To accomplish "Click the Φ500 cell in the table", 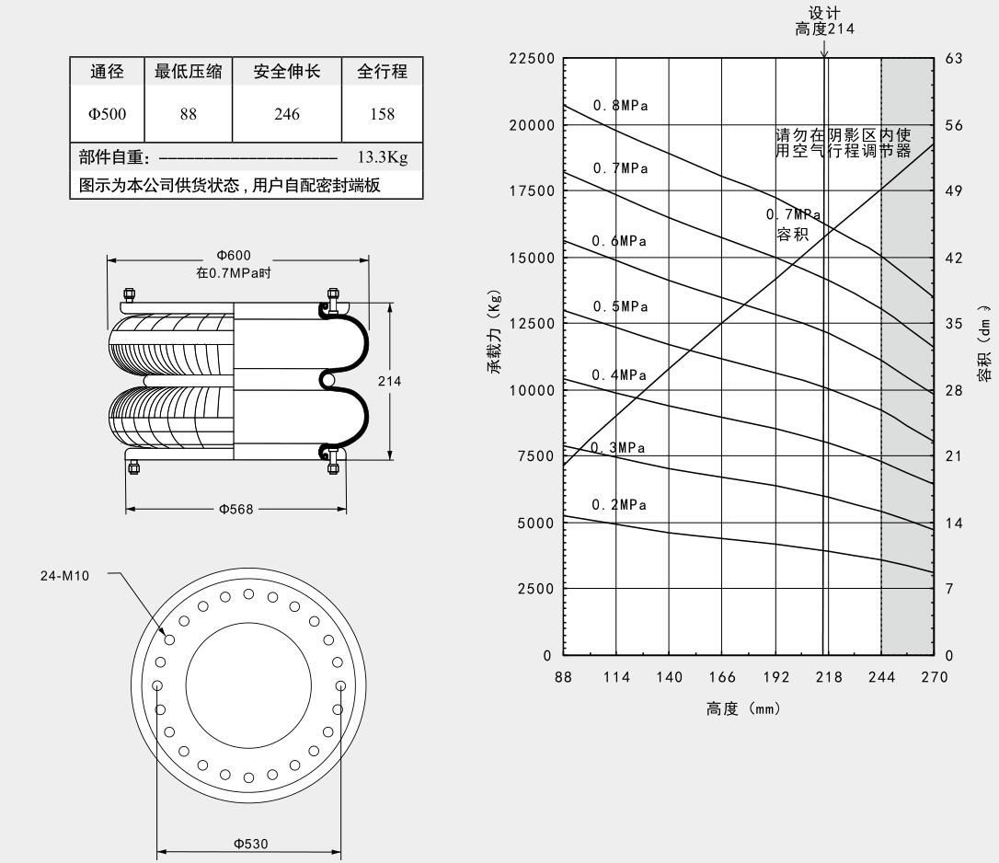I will pyautogui.click(x=107, y=114).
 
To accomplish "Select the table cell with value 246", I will pyautogui.click(x=287, y=114).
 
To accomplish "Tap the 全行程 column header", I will pyautogui.click(x=382, y=71).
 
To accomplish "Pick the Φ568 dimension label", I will pyautogui.click(x=235, y=510).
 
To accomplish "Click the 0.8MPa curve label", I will pyautogui.click(x=620, y=106).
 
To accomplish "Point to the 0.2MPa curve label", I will pyautogui.click(x=619, y=505).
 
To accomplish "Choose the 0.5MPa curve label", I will pyautogui.click(x=619, y=306).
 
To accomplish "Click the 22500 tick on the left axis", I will pyautogui.click(x=532, y=59).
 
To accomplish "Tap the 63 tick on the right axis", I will pyautogui.click(x=953, y=59).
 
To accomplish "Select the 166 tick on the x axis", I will pyautogui.click(x=722, y=677).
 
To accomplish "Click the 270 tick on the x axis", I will pyautogui.click(x=934, y=677).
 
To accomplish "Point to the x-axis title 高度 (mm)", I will pyautogui.click(x=743, y=709).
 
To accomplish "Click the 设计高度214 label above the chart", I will pyautogui.click(x=824, y=21).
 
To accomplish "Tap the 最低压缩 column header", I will pyautogui.click(x=189, y=71).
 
